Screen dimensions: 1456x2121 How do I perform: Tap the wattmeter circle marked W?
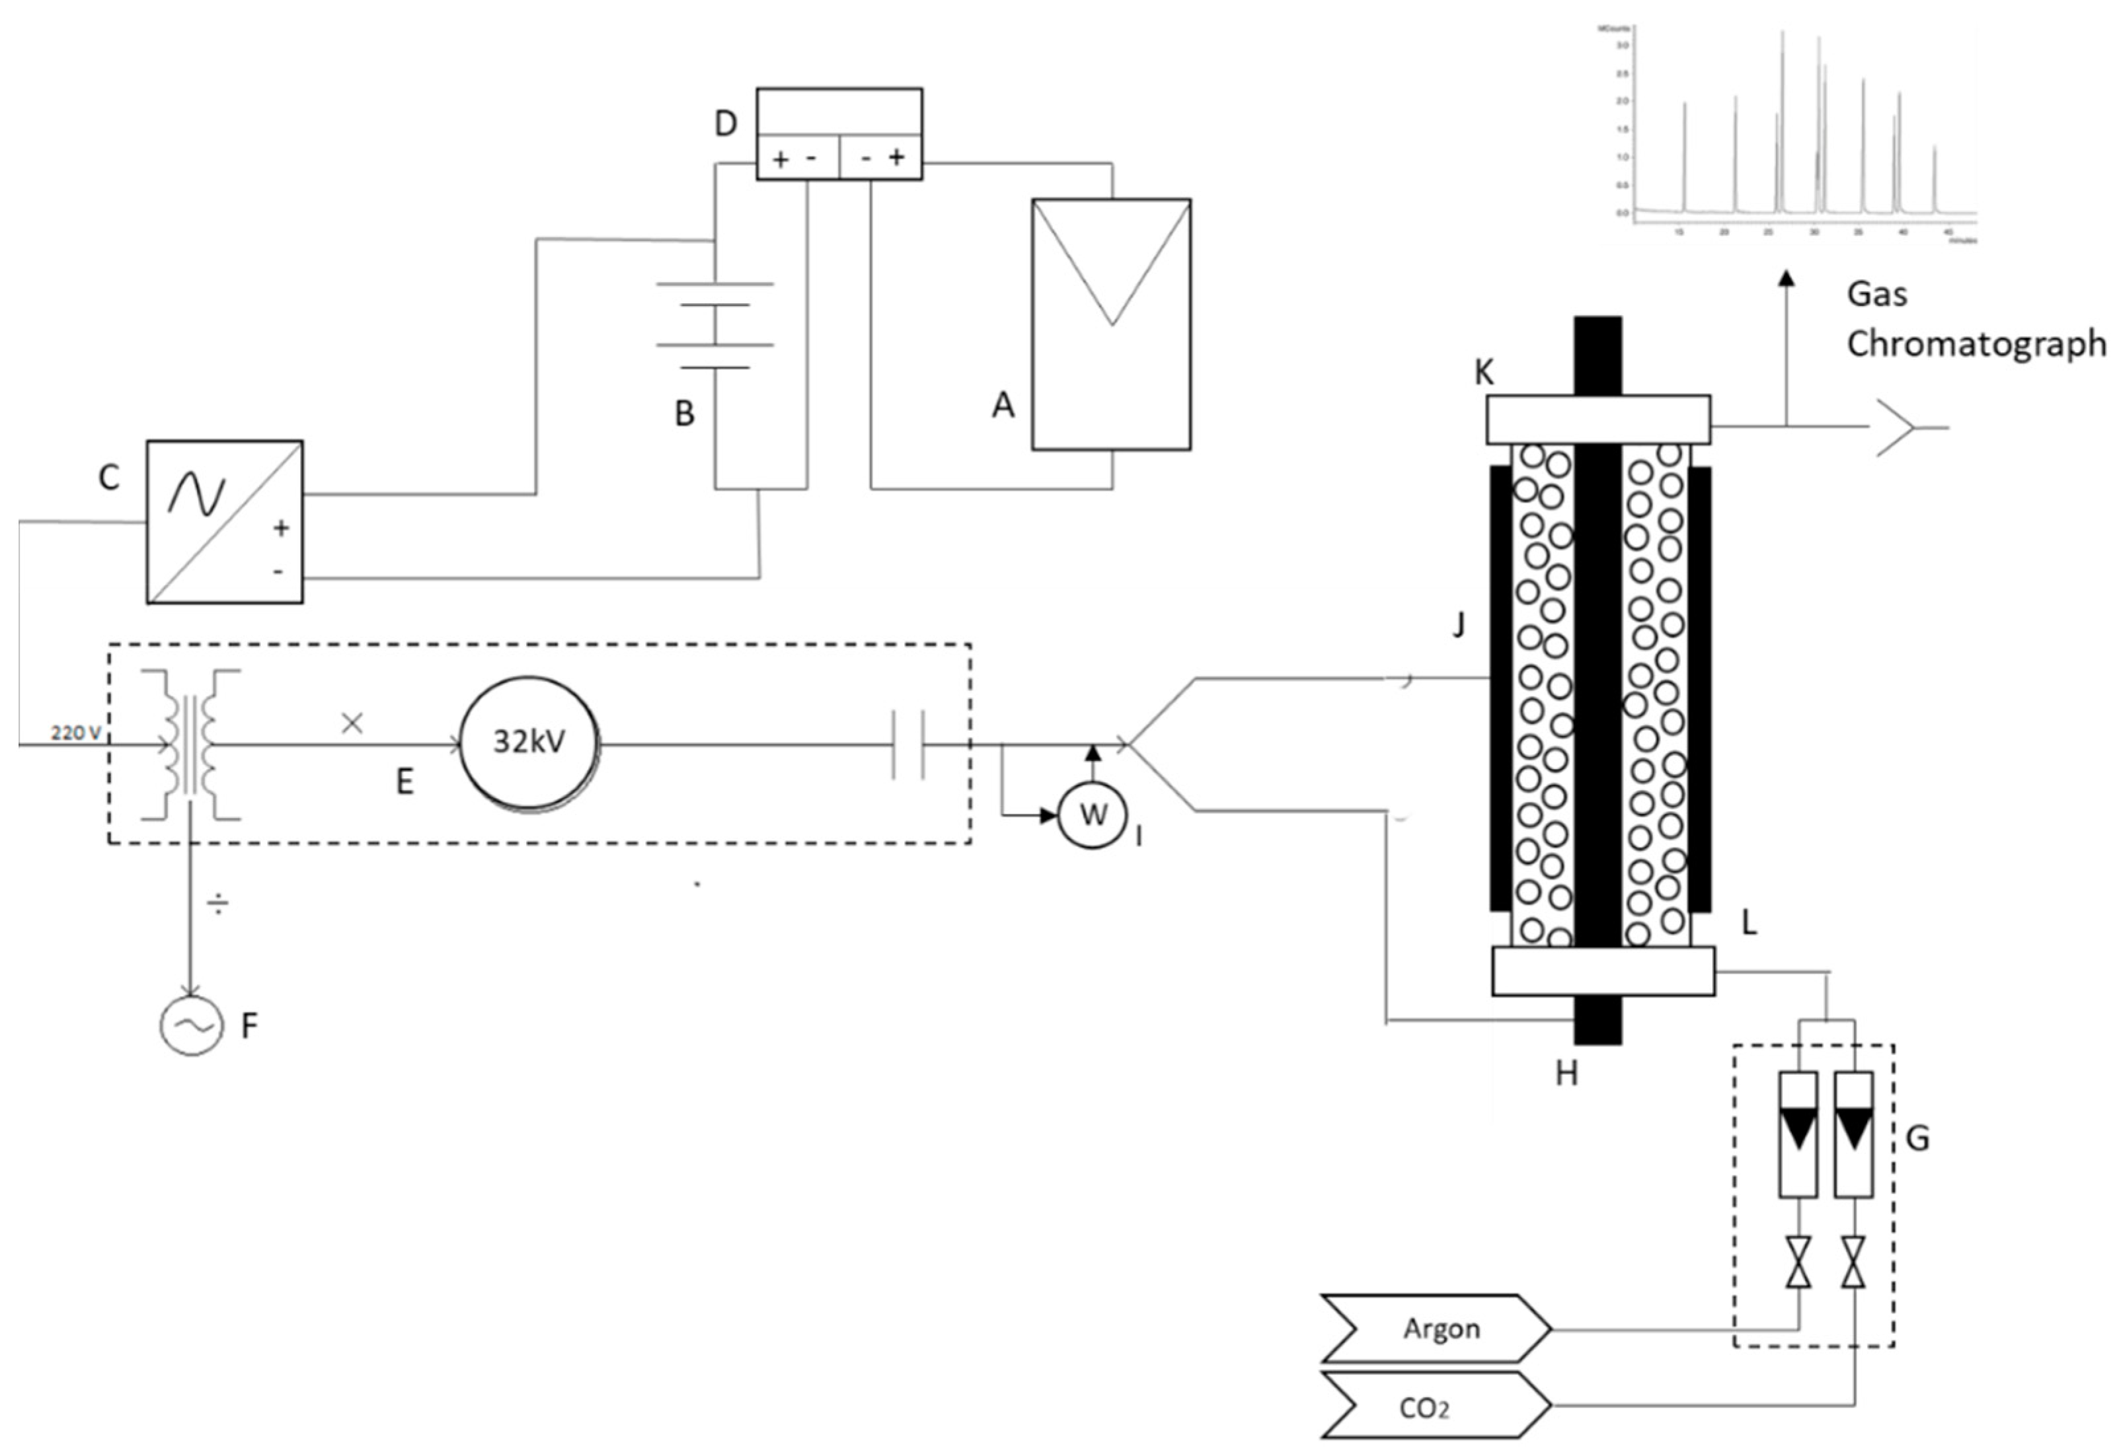coord(1093,815)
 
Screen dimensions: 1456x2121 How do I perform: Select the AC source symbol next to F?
coord(192,1025)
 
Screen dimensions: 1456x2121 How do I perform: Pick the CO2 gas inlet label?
coord(1424,1408)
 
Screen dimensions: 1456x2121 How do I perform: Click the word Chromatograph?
coord(1976,344)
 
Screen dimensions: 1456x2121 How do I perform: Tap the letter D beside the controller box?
coord(726,123)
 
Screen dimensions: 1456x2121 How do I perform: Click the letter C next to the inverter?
coord(108,477)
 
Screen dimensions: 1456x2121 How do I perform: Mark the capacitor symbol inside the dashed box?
coord(908,745)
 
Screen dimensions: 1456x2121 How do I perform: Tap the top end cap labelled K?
coord(1597,419)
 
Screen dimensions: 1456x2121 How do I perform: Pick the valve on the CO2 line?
coord(1853,1262)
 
